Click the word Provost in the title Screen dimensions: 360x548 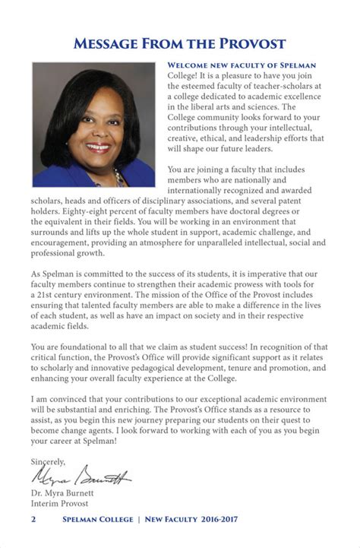[247, 43]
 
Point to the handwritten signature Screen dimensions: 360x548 [80, 477]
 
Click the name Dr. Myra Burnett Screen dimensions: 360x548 [70, 493]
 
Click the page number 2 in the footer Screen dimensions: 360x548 [33, 520]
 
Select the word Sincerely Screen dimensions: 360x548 [48, 461]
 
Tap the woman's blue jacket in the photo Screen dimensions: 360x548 [57, 176]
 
